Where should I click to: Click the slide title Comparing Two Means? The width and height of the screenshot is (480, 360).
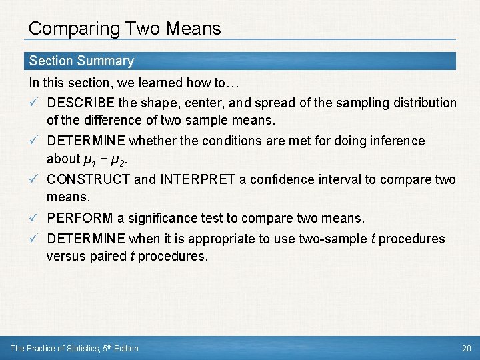point(125,29)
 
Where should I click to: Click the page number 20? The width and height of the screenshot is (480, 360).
point(466,348)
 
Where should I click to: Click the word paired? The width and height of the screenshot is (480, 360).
point(107,256)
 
